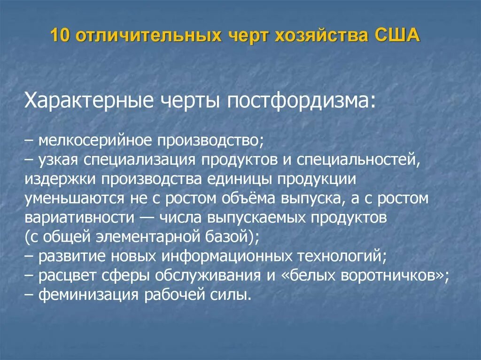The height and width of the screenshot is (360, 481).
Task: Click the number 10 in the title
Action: point(60,36)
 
